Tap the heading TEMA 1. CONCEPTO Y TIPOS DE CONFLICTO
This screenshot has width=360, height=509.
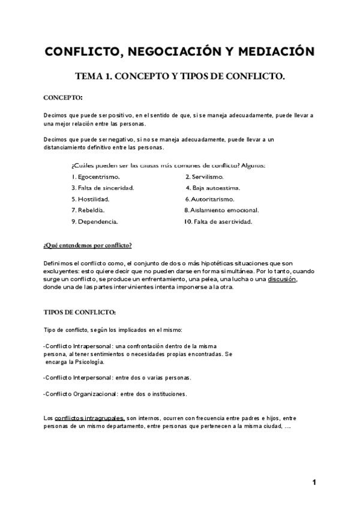(179, 77)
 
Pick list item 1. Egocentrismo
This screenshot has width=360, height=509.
(95, 176)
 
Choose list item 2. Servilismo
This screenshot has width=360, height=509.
(204, 176)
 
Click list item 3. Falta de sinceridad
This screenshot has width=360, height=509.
(102, 187)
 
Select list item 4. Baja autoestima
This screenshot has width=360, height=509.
(212, 187)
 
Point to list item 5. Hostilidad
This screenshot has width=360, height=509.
(91, 199)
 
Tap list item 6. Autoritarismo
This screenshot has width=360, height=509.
(209, 199)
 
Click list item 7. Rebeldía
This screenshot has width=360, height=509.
(88, 210)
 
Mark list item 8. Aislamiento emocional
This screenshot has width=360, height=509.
(221, 210)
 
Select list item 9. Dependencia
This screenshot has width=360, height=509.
(94, 221)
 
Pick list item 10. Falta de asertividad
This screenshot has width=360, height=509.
(218, 221)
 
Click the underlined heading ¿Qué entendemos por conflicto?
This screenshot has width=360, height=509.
(88, 246)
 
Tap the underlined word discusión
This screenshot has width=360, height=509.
(282, 279)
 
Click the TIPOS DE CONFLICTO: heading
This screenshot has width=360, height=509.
(76, 313)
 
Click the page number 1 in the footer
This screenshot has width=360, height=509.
(314, 482)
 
